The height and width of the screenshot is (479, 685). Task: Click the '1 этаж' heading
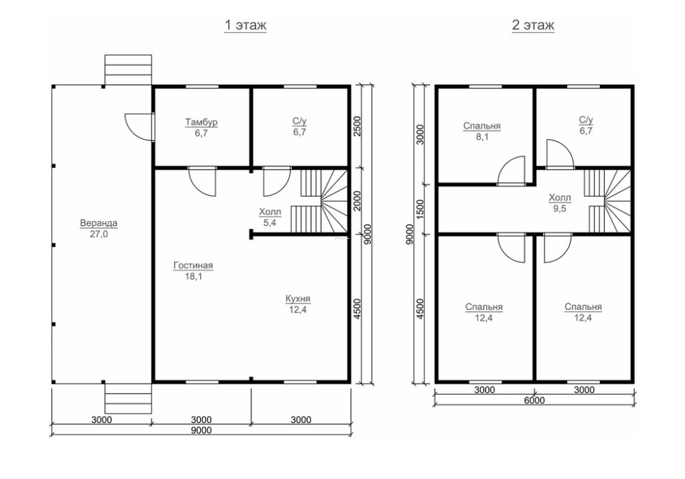[245, 25]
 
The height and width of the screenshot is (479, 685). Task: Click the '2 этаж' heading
[532, 25]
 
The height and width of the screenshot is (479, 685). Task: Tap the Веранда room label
[99, 223]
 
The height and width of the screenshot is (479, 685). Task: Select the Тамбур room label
[201, 122]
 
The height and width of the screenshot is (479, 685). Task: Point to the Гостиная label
[193, 266]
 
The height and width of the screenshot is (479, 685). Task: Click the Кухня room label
[298, 299]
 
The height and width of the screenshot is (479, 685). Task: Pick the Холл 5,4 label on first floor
[270, 218]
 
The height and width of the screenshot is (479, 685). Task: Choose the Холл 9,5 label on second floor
[560, 203]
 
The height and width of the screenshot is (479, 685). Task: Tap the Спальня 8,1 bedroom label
[482, 131]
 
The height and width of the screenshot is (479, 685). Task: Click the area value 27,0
[99, 234]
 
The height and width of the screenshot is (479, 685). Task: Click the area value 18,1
[193, 276]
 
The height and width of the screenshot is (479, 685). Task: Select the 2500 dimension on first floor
[357, 127]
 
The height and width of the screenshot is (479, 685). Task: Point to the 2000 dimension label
[357, 200]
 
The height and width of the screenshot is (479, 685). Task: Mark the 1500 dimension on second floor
[420, 209]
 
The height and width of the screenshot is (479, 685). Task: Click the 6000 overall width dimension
[534, 400]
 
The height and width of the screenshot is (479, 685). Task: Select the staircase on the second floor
[608, 202]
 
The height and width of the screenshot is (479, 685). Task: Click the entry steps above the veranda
[128, 70]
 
